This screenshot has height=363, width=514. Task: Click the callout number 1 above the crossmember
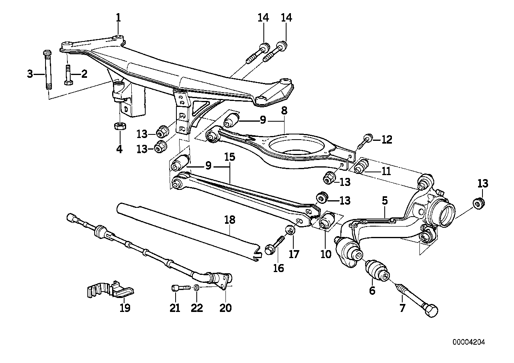click(x=118, y=18)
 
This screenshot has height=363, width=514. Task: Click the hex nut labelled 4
click(x=119, y=126)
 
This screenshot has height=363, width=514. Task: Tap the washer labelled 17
click(x=291, y=230)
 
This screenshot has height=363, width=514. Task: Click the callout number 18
click(x=230, y=220)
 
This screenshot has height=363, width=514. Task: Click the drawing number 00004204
click(x=469, y=341)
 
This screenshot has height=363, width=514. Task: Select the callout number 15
click(x=229, y=157)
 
